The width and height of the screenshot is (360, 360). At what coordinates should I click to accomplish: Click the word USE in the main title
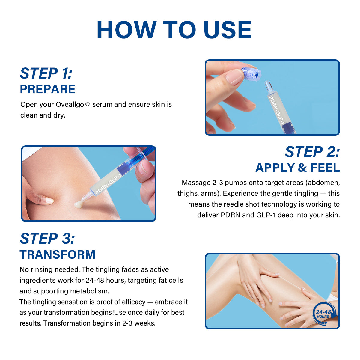(x=228, y=30)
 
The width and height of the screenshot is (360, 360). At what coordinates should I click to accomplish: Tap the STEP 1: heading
(x=46, y=73)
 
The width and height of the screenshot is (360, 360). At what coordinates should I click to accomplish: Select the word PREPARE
(x=47, y=89)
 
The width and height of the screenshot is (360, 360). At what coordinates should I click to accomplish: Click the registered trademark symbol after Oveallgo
(x=88, y=103)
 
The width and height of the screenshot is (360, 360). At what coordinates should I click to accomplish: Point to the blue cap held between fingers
(x=251, y=74)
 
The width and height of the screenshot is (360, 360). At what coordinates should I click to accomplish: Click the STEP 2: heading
(x=312, y=152)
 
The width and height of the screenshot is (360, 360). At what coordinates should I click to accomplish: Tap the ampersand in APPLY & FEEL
(x=302, y=168)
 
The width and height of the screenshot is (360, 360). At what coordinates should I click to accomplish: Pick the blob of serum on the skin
(x=78, y=204)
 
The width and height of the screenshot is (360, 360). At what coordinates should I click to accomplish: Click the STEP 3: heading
(x=47, y=238)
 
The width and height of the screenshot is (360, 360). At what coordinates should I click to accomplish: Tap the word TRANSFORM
(x=58, y=254)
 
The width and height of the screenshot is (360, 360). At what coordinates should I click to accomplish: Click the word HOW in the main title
(x=127, y=30)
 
